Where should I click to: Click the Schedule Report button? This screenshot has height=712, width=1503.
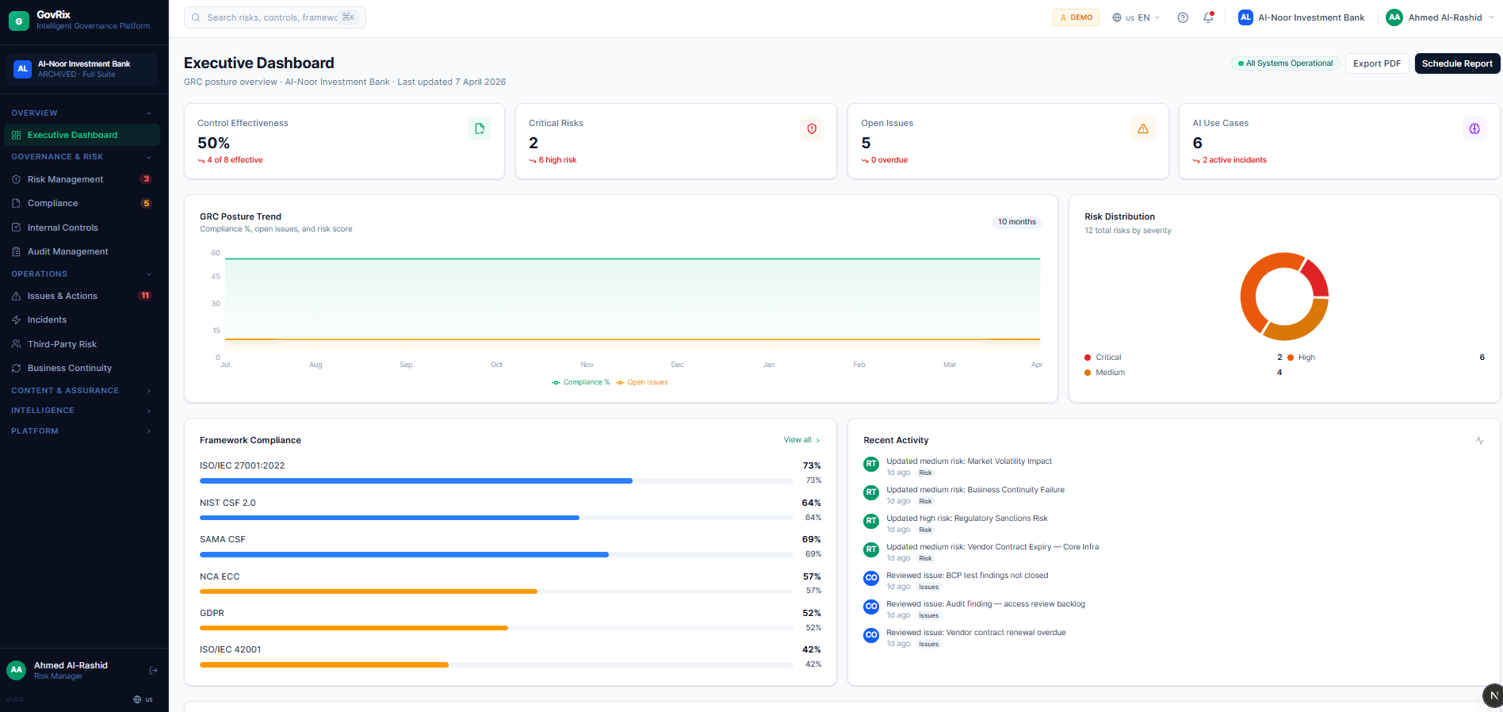(1456, 63)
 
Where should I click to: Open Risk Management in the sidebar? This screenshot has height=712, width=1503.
(65, 179)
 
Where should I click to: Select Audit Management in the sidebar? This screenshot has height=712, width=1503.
(67, 251)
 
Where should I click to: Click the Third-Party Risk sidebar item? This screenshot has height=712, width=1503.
(62, 344)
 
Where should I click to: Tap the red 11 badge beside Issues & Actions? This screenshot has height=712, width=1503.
(145, 296)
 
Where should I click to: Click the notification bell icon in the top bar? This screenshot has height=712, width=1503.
(1208, 17)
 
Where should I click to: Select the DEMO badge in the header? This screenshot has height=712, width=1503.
(1076, 17)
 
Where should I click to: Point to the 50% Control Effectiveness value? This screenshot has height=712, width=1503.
(213, 144)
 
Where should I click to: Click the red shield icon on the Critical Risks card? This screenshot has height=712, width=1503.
(812, 128)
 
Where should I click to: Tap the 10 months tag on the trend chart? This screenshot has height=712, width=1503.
(1016, 222)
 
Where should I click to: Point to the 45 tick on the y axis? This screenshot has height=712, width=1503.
(216, 277)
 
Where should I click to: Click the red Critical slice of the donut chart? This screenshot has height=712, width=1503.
(1315, 278)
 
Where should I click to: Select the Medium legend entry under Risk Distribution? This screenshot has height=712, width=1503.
(1109, 373)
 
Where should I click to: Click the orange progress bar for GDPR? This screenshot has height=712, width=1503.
(354, 628)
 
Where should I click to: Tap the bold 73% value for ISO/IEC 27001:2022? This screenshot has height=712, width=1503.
(811, 465)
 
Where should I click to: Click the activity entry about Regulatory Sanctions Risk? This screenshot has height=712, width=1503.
(966, 519)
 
